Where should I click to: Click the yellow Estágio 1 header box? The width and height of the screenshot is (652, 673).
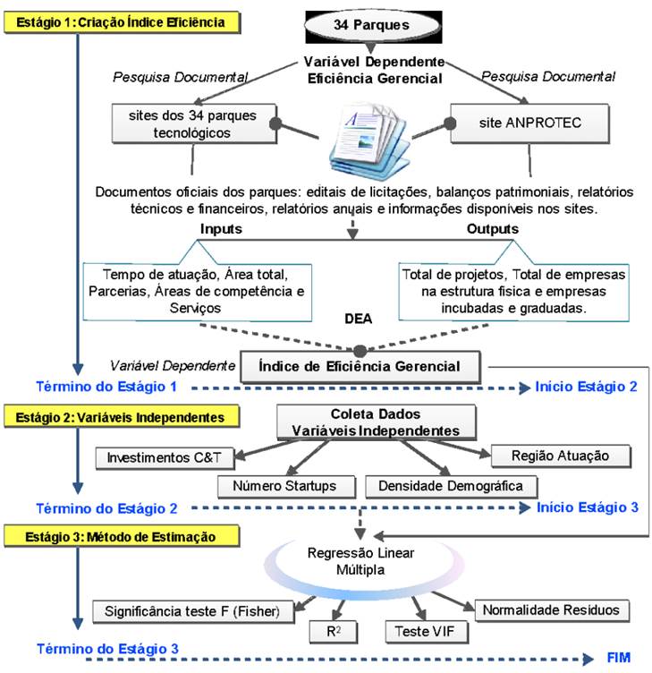122,22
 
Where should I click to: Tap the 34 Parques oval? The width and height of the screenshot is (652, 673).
371,25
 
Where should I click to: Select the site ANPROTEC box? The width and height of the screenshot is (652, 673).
529,124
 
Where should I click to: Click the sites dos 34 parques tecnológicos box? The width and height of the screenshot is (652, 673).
194,124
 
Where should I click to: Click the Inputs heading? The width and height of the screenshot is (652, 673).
221,229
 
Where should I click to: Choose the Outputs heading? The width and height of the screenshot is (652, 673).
493,229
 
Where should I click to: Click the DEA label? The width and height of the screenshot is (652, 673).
358,319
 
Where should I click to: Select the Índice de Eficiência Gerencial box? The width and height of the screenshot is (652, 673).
360,367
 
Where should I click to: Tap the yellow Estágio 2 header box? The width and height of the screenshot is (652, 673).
122,417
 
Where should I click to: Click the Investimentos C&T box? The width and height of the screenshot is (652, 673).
165,458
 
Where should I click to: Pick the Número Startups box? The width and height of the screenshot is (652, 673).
286,486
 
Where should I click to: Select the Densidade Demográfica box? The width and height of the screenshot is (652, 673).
451,486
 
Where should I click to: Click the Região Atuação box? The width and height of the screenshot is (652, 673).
561,456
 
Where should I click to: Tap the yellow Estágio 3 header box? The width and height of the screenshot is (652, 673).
122,536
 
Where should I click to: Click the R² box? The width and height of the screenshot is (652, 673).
334,632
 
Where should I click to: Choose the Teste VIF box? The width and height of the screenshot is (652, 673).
427,632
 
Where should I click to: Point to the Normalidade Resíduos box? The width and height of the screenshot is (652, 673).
552,610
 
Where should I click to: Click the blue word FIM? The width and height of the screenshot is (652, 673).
619,658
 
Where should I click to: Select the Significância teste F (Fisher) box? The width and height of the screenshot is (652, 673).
193,611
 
